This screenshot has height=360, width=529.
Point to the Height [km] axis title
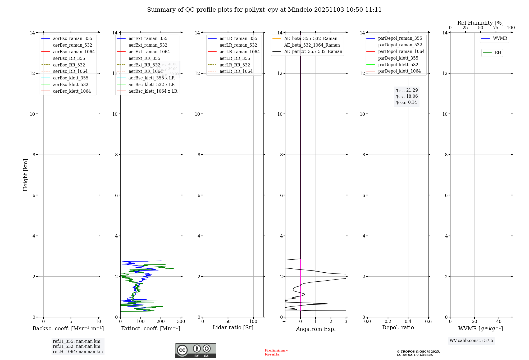[25, 175]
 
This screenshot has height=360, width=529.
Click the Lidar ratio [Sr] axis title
[233, 327]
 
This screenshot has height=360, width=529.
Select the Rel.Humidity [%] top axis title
[480, 23]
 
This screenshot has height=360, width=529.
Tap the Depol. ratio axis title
[398, 327]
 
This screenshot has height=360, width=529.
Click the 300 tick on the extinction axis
[181, 322]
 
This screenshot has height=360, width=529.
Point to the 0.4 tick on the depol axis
[408, 322]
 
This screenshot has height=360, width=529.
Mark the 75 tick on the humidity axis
[496, 28]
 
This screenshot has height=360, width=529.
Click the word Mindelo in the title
[300, 10]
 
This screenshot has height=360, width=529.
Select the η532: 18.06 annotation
[407, 96]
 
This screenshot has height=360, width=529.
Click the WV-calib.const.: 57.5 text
[471, 341]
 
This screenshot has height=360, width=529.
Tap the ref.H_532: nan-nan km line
[76, 346]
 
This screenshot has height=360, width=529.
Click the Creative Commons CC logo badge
[195, 351]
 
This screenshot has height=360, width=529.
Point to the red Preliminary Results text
[276, 352]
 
